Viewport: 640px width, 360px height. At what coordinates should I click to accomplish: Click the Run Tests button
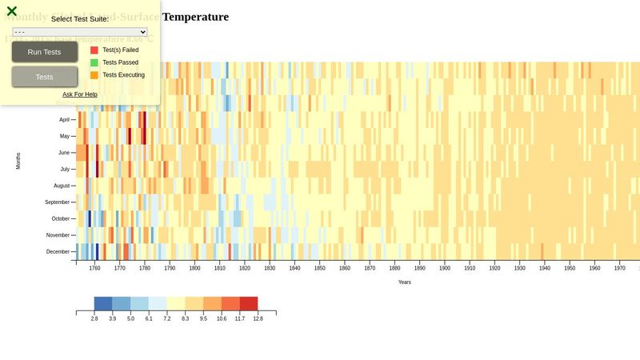[45, 52]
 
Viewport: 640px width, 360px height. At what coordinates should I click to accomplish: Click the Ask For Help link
[80, 94]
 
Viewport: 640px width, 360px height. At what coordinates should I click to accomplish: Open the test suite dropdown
[80, 32]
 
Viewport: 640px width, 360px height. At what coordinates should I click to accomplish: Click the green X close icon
[12, 11]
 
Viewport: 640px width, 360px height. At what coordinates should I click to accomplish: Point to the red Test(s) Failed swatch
[94, 50]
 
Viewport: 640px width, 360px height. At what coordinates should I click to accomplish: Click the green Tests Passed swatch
[94, 62]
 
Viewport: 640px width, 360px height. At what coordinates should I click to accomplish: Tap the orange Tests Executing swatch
[94, 75]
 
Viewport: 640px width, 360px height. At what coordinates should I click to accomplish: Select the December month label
[58, 252]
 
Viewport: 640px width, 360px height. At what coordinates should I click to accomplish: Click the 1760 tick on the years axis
[94, 269]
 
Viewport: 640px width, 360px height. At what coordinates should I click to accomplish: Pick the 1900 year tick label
[445, 269]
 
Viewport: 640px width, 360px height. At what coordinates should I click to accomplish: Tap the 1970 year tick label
[619, 269]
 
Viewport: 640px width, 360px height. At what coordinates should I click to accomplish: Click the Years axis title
[405, 282]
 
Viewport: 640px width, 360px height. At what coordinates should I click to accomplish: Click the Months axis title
[18, 160]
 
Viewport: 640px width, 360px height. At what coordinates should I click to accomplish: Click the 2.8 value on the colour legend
[94, 318]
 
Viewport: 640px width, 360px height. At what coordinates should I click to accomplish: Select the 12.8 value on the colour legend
[258, 318]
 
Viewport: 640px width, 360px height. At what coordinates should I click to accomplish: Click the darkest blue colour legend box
[103, 303]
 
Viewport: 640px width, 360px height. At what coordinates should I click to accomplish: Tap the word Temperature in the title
[195, 17]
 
